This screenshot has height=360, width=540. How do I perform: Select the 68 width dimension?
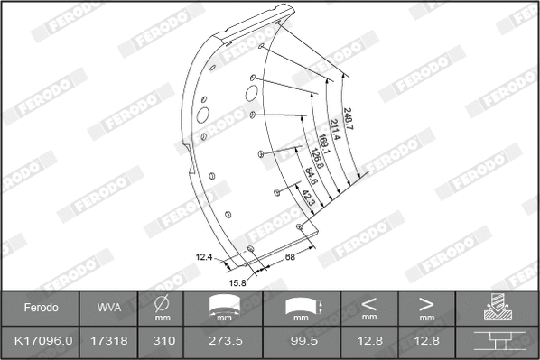tap(290, 258)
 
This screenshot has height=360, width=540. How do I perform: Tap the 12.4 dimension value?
tap(204, 257)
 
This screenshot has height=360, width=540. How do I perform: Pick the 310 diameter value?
tap(163, 343)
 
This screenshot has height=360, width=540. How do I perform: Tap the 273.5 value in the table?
tap(220, 343)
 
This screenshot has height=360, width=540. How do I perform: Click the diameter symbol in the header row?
tap(163, 305)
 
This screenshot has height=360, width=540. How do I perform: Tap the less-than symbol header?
tap(368, 305)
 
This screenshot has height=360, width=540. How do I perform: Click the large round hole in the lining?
tap(202, 115)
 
